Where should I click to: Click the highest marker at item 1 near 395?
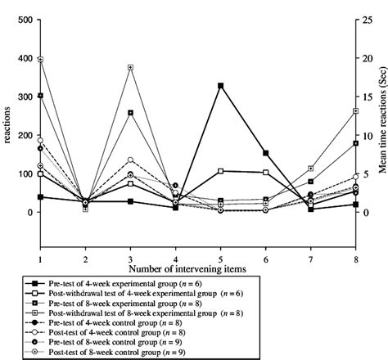tap(40, 60)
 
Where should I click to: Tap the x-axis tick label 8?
tap(356, 258)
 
